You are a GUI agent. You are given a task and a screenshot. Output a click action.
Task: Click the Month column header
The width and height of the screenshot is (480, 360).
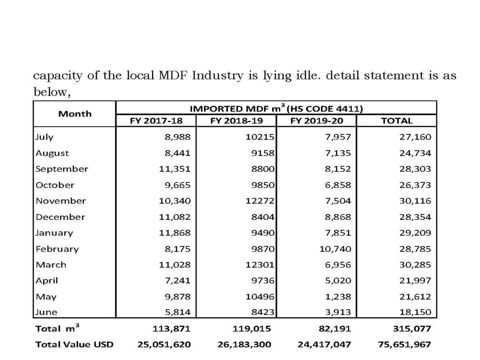pyautogui.click(x=75, y=114)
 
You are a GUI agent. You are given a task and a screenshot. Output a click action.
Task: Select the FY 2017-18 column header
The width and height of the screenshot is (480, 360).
pyautogui.click(x=156, y=120)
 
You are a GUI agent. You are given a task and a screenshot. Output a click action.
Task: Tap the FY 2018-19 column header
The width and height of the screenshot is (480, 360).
pyautogui.click(x=237, y=120)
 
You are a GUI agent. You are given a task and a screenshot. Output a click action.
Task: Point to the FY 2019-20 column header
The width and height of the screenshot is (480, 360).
pyautogui.click(x=317, y=120)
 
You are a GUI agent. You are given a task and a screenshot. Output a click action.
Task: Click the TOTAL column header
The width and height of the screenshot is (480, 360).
pyautogui.click(x=397, y=120)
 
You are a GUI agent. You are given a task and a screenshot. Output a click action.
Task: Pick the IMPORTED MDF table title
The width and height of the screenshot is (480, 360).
pyautogui.click(x=276, y=108)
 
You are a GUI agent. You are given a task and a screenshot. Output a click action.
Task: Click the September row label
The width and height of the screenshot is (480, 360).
pyautogui.click(x=62, y=169)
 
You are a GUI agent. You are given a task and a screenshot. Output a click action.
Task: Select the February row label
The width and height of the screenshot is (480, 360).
pyautogui.click(x=57, y=249)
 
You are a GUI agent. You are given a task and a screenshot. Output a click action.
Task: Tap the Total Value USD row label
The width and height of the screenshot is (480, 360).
pyautogui.click(x=74, y=345)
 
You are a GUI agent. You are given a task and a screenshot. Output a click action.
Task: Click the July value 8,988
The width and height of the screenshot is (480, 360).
pyautogui.click(x=178, y=137)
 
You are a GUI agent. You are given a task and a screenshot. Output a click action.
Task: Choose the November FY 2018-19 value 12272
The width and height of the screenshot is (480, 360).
pyautogui.click(x=260, y=201)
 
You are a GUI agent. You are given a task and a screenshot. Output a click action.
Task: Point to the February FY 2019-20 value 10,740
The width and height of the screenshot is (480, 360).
pyautogui.click(x=335, y=249)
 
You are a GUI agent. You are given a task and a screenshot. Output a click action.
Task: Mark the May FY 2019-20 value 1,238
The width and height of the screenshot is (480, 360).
pyautogui.click(x=338, y=297)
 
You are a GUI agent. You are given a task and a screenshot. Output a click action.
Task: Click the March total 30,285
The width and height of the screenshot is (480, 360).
pyautogui.click(x=415, y=265)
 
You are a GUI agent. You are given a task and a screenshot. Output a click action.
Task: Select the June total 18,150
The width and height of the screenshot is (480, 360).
pyautogui.click(x=415, y=312)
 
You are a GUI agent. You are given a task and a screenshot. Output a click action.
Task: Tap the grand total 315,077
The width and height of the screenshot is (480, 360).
pyautogui.click(x=412, y=329)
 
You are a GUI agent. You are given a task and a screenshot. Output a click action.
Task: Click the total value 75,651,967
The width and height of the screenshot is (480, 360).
pyautogui.click(x=404, y=345)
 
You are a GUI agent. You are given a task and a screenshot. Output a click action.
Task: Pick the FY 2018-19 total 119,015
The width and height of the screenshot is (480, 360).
pyautogui.click(x=252, y=329)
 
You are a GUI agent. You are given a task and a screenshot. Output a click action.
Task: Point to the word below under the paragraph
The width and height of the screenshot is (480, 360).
pyautogui.click(x=52, y=92)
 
